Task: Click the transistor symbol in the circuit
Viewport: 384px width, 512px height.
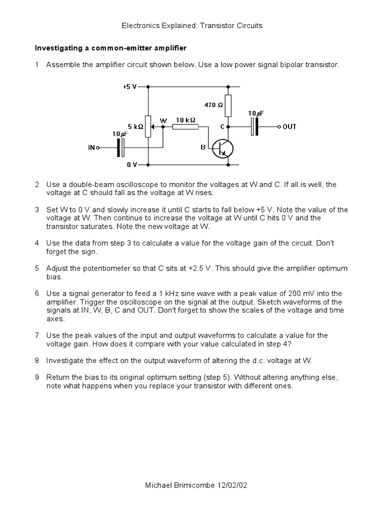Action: click(221, 148)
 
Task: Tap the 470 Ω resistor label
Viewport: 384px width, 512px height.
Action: click(213, 105)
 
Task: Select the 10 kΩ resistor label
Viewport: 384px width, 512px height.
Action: click(185, 120)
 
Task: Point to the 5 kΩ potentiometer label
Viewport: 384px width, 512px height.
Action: click(135, 127)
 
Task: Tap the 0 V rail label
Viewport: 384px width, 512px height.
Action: click(131, 164)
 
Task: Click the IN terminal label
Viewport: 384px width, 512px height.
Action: click(91, 148)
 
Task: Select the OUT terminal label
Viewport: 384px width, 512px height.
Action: click(289, 127)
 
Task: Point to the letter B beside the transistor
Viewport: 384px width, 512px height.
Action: click(203, 147)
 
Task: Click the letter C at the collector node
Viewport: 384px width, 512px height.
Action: click(222, 127)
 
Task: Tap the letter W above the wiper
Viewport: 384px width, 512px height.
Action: click(163, 120)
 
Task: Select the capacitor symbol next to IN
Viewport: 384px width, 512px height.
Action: click(120, 148)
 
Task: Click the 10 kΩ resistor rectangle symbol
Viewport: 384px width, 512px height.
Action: click(185, 127)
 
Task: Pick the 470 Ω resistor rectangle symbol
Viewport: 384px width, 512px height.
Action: click(228, 105)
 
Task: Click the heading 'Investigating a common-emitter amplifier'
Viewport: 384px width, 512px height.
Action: click(110, 48)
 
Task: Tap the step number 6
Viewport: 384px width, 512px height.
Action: click(37, 293)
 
